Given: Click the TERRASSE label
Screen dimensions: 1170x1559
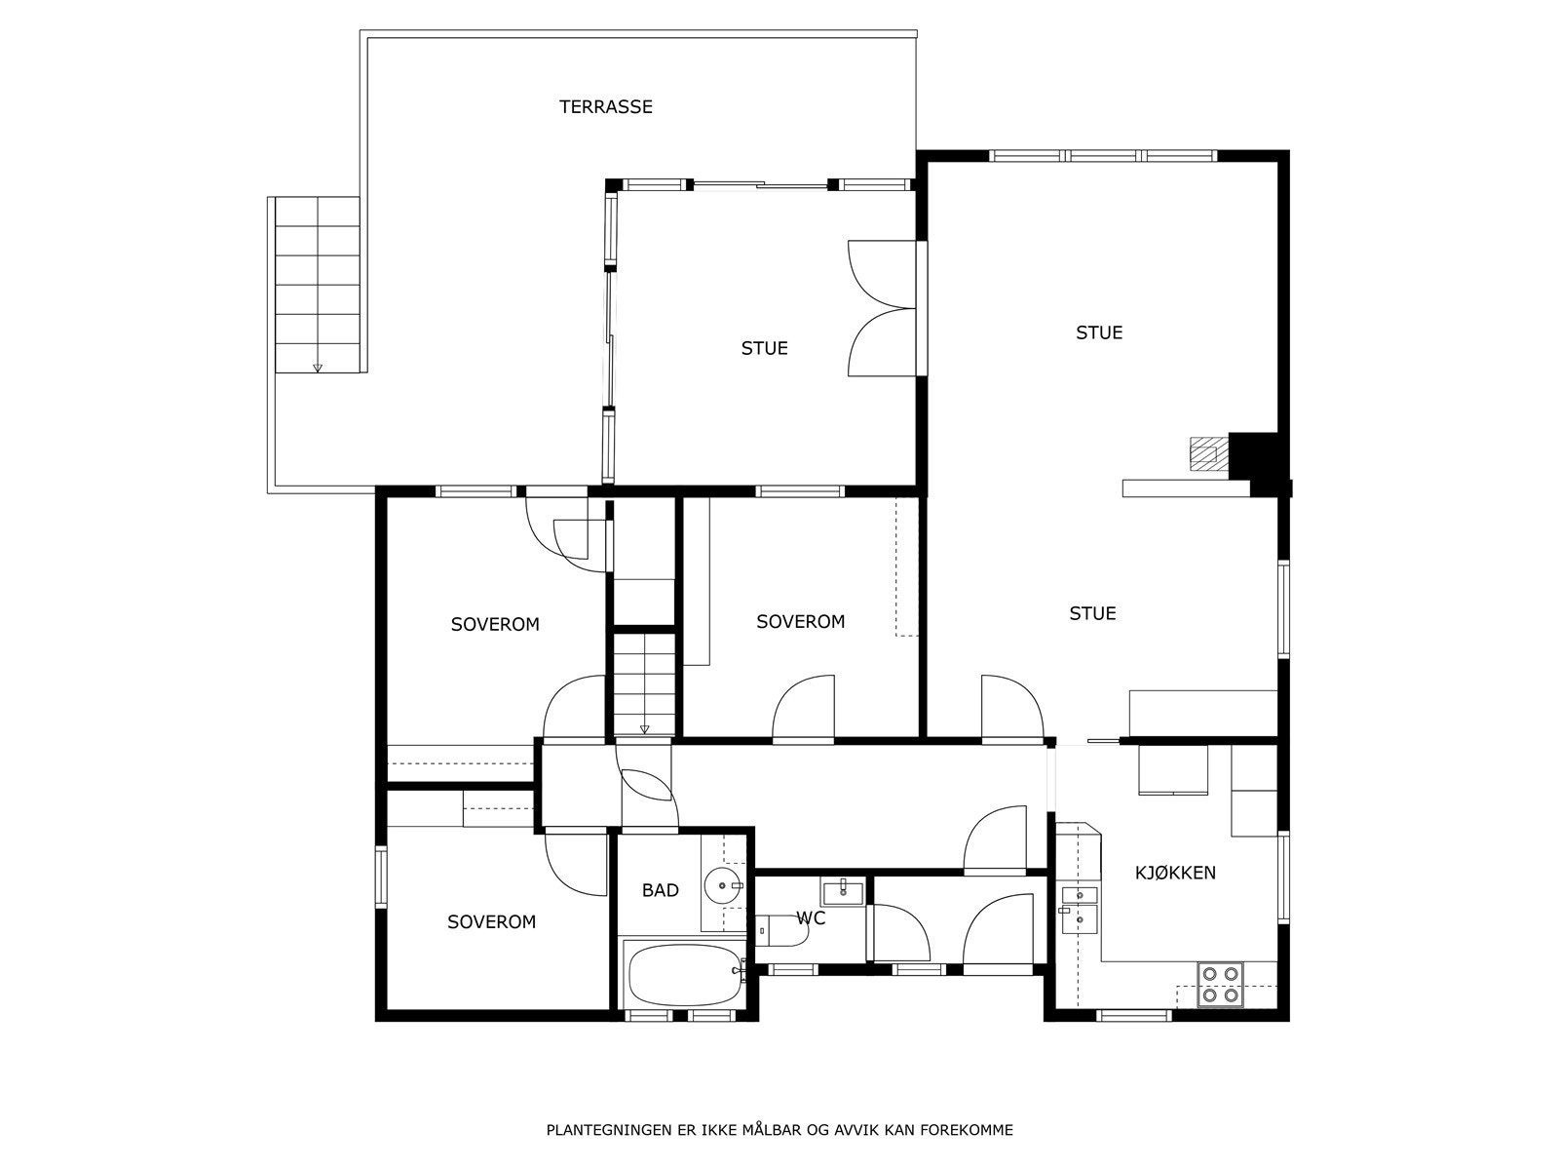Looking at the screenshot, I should (x=605, y=107).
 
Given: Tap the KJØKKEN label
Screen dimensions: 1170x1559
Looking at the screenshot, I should (x=1175, y=873).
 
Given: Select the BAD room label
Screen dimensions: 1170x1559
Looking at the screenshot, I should (x=660, y=890).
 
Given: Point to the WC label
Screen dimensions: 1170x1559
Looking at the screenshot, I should (x=811, y=918).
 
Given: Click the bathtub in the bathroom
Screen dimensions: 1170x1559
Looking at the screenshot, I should (x=684, y=975).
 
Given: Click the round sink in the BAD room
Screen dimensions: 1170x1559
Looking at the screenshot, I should (x=723, y=885).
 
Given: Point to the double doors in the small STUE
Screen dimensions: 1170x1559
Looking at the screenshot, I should (x=882, y=308).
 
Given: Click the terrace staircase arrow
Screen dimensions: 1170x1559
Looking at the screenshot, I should (x=317, y=368).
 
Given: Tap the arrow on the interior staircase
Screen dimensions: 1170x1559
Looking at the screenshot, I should (x=644, y=728).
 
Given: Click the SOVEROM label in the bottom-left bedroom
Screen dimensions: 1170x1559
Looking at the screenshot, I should (x=491, y=922).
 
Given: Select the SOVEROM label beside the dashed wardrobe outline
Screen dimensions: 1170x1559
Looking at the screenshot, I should (x=800, y=622).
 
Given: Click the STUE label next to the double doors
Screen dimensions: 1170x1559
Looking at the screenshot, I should (x=764, y=348).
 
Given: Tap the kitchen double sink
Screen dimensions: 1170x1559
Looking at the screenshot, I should (x=1079, y=906).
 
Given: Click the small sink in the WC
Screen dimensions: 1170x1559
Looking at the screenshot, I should (x=842, y=891).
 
